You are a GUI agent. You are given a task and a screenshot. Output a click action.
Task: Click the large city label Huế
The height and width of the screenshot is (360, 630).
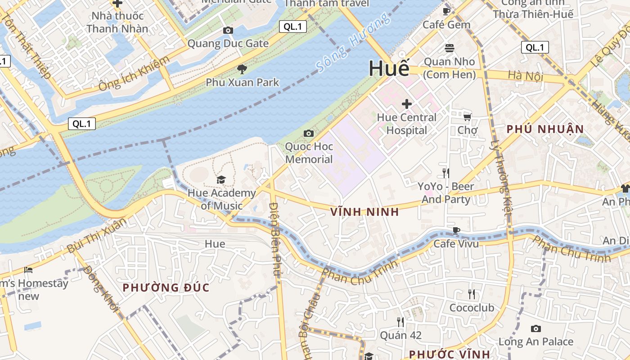tap(389, 68)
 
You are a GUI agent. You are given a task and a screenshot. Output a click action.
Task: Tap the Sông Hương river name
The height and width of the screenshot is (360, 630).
tap(352, 43)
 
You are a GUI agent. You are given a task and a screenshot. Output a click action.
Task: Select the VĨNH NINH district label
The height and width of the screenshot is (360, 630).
tap(364, 212)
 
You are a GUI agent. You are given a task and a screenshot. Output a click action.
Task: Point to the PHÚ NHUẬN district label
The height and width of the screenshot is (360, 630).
tap(545, 130)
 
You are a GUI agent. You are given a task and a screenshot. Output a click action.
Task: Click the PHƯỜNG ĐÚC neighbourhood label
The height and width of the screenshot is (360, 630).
tap(166, 288)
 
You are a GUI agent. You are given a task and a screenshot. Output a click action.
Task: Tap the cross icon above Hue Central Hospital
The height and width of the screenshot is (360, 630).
tap(407, 104)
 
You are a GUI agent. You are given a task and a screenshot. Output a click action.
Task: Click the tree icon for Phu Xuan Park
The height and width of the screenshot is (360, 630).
tap(242, 69)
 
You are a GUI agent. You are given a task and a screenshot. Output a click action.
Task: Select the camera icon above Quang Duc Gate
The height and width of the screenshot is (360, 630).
tap(228, 31)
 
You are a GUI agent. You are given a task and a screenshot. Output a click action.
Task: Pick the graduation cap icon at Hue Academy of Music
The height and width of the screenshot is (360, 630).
tap(221, 180)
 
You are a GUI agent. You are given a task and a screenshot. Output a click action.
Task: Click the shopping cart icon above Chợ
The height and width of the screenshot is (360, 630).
tap(468, 117)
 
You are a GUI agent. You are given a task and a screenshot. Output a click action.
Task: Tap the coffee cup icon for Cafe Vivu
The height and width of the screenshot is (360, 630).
tap(456, 231)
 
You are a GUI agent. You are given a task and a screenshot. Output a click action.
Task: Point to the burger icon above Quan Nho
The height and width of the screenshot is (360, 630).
tap(449, 48)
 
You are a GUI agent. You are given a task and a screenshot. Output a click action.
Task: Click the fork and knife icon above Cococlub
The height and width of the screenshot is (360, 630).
tap(472, 294)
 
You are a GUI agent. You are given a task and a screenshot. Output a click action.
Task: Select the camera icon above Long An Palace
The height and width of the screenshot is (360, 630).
tap(535, 328)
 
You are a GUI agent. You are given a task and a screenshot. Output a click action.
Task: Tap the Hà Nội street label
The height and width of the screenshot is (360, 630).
tap(525, 76)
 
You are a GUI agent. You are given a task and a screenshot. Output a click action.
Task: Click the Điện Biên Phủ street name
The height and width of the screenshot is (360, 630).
tap(275, 238)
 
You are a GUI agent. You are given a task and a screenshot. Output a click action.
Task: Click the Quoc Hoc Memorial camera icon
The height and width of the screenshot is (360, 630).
tap(309, 133)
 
